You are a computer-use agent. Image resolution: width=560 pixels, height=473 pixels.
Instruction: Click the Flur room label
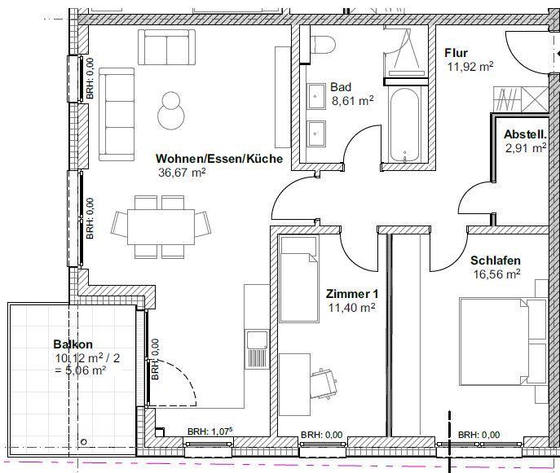[456, 53]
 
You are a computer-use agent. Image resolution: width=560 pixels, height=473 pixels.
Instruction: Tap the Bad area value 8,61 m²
[352, 101]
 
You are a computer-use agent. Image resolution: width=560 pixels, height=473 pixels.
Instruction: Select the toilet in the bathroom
[323, 45]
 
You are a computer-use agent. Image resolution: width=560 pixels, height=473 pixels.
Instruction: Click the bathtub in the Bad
[404, 124]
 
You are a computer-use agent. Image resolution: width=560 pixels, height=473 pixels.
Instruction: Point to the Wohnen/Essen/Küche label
[219, 159]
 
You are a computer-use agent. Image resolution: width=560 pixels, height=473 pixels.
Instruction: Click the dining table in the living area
[161, 227]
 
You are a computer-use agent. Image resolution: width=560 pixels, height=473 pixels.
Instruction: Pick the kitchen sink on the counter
[257, 349]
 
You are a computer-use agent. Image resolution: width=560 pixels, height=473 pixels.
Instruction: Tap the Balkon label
[73, 344]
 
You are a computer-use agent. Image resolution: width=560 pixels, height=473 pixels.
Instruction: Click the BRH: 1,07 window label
[210, 431]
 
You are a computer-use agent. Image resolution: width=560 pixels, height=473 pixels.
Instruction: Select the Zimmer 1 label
[352, 294]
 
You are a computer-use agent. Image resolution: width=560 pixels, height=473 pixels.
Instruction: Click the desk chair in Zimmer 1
[324, 383]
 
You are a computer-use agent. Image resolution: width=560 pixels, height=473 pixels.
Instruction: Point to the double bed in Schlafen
[504, 342]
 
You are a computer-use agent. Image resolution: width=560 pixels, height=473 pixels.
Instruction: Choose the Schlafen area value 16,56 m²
[496, 274]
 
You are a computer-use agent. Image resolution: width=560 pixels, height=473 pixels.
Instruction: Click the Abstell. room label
[526, 134]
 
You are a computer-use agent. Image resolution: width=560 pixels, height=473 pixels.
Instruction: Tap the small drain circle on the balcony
[84, 441]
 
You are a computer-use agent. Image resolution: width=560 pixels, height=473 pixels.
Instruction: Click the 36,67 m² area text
[182, 173]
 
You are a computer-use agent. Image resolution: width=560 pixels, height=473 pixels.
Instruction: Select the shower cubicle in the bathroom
[405, 51]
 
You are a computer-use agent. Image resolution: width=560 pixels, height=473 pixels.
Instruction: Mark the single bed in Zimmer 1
[299, 279]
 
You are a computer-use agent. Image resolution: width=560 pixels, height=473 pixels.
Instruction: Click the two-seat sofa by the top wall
[167, 47]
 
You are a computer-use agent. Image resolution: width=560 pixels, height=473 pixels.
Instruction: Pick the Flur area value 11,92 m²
[470, 67]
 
